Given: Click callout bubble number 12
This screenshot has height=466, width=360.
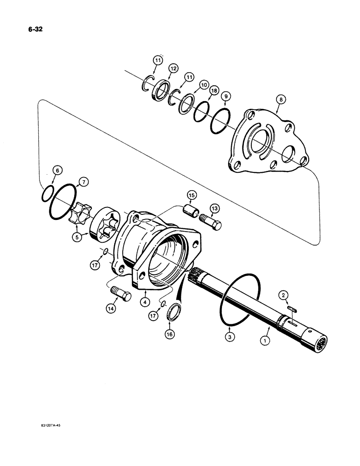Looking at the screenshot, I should point(173,69).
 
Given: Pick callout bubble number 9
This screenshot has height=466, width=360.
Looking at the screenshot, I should point(225,96).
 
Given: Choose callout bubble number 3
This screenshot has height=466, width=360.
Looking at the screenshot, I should point(228,335).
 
